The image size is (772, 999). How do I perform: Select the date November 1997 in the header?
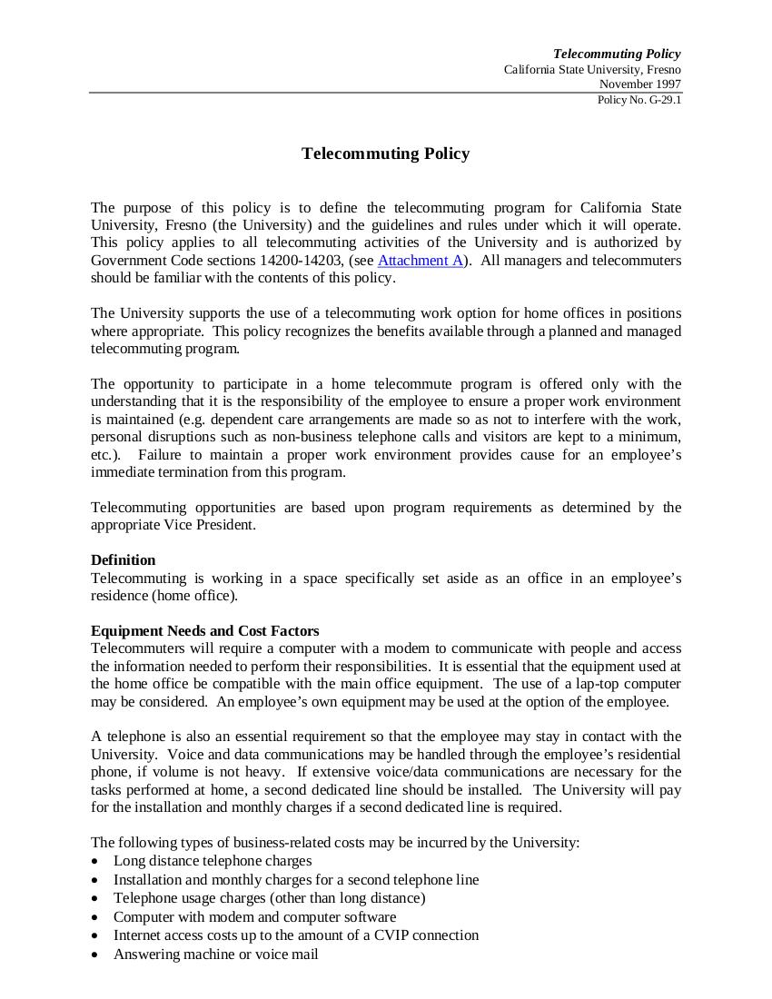coord(639,84)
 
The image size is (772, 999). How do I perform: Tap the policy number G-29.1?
coord(639,100)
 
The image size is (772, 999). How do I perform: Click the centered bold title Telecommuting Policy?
coord(385,153)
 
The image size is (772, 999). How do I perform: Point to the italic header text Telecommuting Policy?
coord(617,54)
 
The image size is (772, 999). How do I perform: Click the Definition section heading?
coord(123,560)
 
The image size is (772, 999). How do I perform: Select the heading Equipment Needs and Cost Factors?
coord(204,631)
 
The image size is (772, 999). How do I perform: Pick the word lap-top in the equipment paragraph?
coord(597,684)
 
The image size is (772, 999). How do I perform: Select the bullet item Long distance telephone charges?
coord(213,861)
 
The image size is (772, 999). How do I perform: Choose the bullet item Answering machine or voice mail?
coord(215,954)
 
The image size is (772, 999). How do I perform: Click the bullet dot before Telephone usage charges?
coord(95,899)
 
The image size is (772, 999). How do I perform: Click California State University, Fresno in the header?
coord(592,70)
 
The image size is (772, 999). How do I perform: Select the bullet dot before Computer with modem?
coord(95,917)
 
